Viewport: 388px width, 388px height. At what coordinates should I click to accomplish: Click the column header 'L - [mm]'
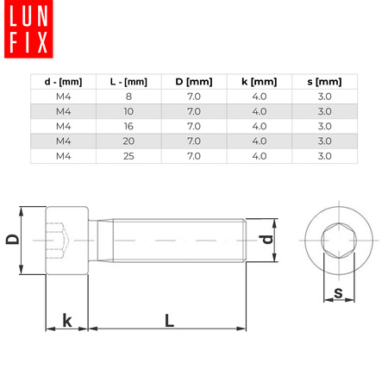point(129,82)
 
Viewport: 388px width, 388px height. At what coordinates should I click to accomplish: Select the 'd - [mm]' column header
point(63,82)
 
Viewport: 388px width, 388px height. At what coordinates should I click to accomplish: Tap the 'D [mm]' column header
point(193,82)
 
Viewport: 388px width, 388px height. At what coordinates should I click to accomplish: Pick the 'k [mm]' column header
point(260,82)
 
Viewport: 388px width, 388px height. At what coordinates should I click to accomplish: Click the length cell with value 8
point(129,97)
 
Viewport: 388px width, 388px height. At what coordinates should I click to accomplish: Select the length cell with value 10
point(129,111)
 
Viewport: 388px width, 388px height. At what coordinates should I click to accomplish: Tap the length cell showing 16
point(129,126)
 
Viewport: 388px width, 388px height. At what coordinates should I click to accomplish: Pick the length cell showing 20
point(129,141)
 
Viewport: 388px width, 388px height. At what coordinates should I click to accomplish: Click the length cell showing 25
point(129,155)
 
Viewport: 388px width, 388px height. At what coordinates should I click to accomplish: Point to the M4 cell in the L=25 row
point(63,155)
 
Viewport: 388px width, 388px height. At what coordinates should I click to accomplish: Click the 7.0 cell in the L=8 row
point(193,97)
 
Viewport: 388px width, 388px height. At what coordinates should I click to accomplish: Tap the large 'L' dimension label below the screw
point(170,320)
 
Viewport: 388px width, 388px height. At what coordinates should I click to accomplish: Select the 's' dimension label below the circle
point(338,294)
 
